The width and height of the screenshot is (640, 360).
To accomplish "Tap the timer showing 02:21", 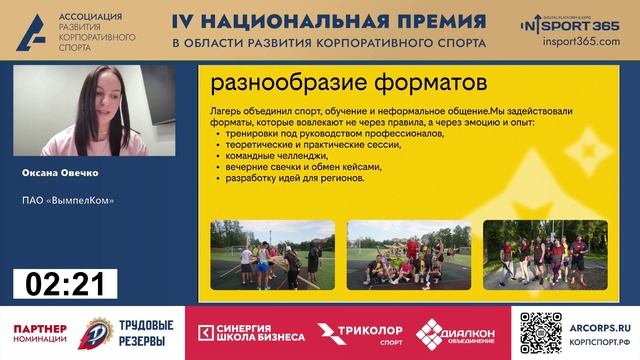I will click(x=65, y=284).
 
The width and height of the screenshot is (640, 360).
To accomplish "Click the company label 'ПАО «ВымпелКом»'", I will click(x=68, y=200).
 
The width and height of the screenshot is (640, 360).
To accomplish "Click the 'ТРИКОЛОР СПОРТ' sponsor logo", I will click(x=359, y=333).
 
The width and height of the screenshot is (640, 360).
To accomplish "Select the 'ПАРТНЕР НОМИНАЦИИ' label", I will click(x=41, y=333).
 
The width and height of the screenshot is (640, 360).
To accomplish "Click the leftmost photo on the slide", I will click(x=272, y=255).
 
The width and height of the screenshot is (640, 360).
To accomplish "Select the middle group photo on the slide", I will click(x=408, y=255).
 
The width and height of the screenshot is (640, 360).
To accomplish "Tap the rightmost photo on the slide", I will click(x=545, y=255).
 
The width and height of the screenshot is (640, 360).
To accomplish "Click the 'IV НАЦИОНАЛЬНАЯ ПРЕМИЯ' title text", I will click(x=329, y=21).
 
